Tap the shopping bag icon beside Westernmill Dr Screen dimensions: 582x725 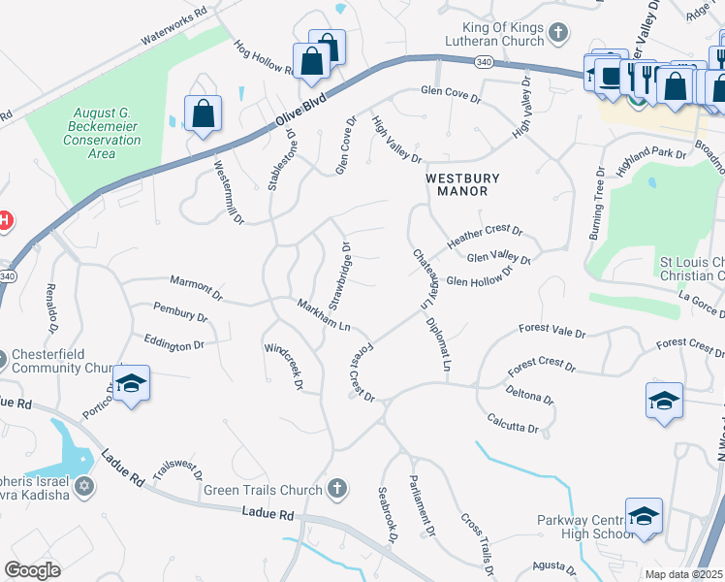(x=203, y=113)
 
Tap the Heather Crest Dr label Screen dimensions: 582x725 (x=484, y=236)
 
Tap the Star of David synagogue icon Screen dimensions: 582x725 (x=84, y=486)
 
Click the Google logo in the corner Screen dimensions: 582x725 (x=32, y=570)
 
